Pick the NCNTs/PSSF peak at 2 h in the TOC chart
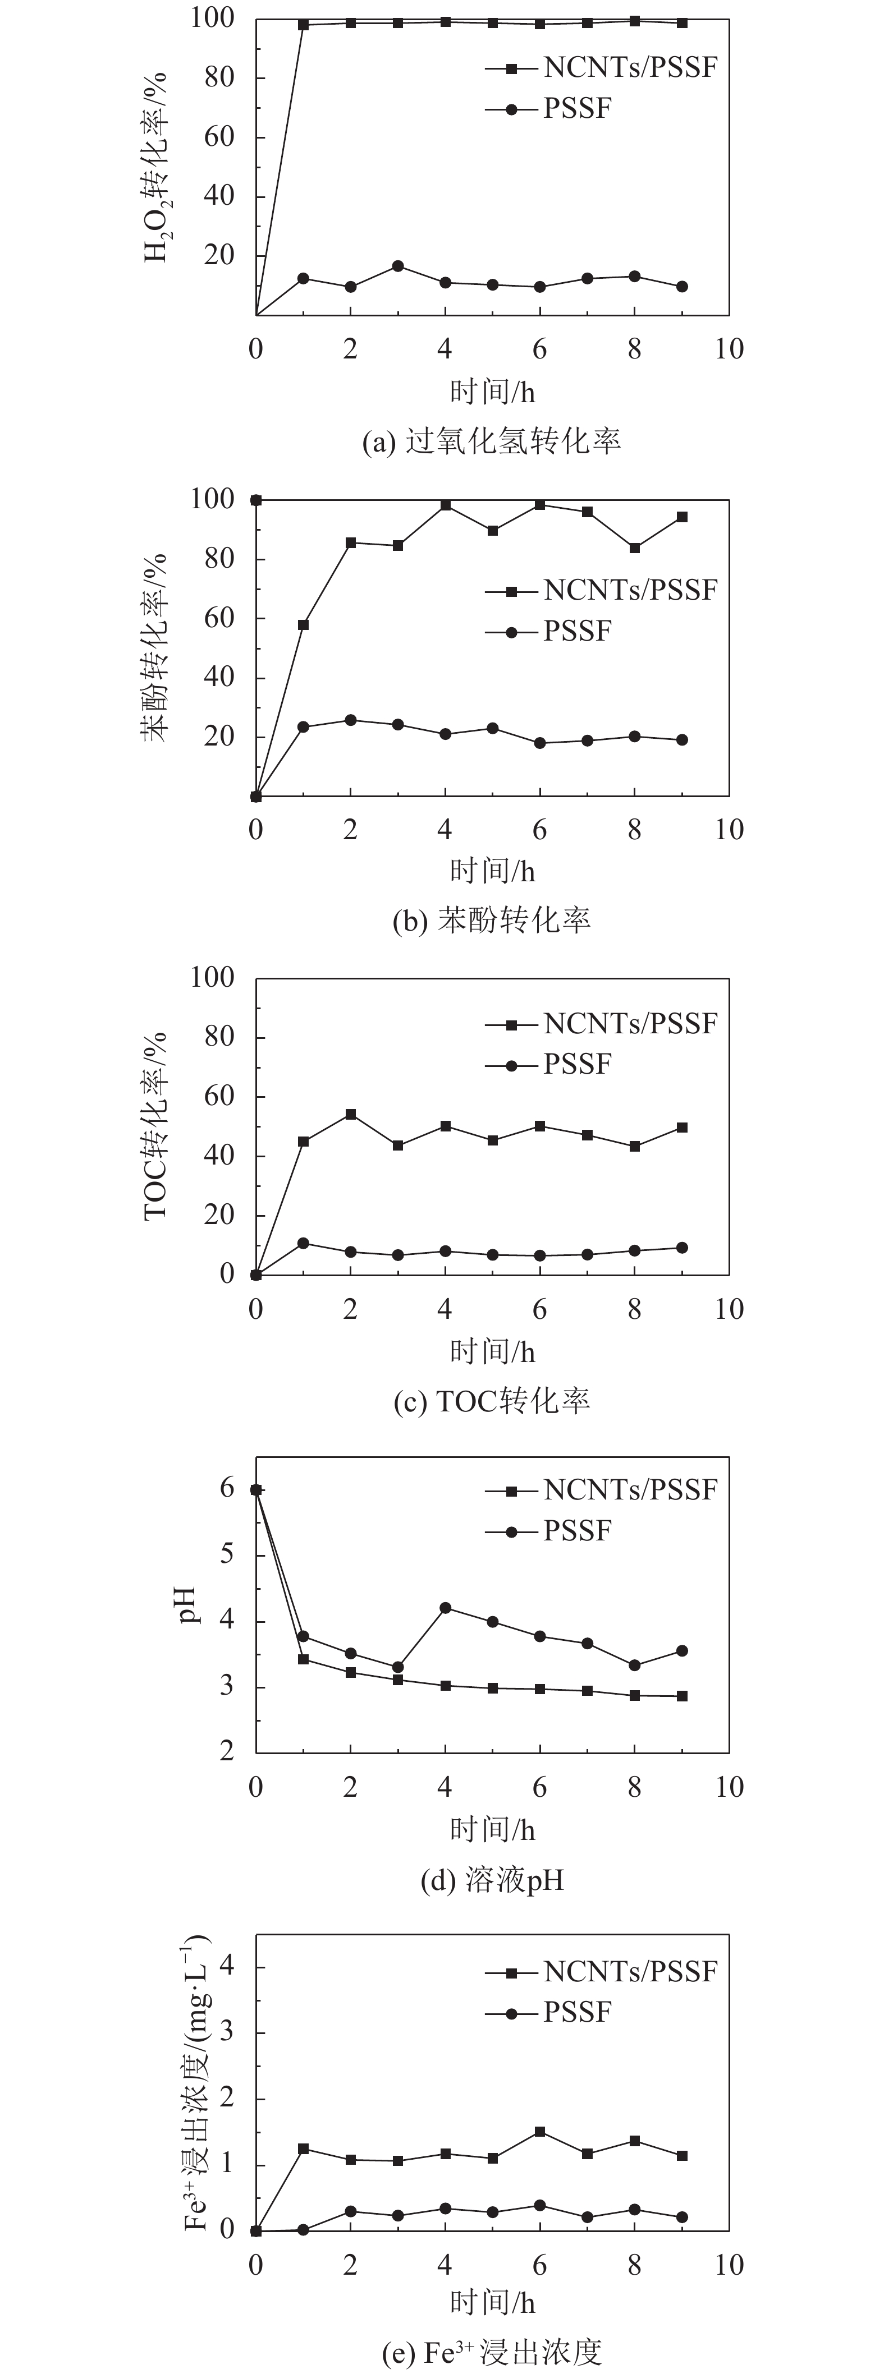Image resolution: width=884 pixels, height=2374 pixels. pos(350,1114)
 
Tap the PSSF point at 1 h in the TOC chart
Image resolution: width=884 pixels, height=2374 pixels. pos(303,1243)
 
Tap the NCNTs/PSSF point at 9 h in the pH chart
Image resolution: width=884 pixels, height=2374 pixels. pos(682,1696)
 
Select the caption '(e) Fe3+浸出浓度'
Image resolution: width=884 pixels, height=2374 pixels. pos(491,2352)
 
